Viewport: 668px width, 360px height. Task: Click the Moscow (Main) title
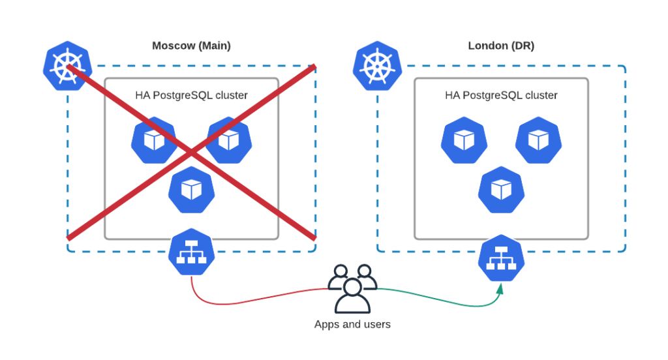click(x=191, y=46)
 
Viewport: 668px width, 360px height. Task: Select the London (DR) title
click(x=501, y=46)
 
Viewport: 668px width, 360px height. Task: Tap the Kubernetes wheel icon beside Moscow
click(x=67, y=67)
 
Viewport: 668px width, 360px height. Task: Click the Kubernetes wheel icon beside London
click(x=377, y=67)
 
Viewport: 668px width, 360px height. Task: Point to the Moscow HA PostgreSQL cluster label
click(x=191, y=95)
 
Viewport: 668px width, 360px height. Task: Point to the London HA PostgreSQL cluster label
click(x=501, y=95)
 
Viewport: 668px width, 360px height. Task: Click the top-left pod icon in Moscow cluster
click(x=154, y=140)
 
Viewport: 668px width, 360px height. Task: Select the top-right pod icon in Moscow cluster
click(x=228, y=140)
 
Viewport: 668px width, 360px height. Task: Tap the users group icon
click(x=352, y=288)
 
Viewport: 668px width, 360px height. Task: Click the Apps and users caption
click(x=352, y=324)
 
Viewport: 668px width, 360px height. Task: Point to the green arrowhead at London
click(x=500, y=288)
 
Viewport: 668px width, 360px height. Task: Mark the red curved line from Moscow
click(x=248, y=301)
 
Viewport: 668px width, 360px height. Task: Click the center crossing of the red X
click(x=191, y=152)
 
